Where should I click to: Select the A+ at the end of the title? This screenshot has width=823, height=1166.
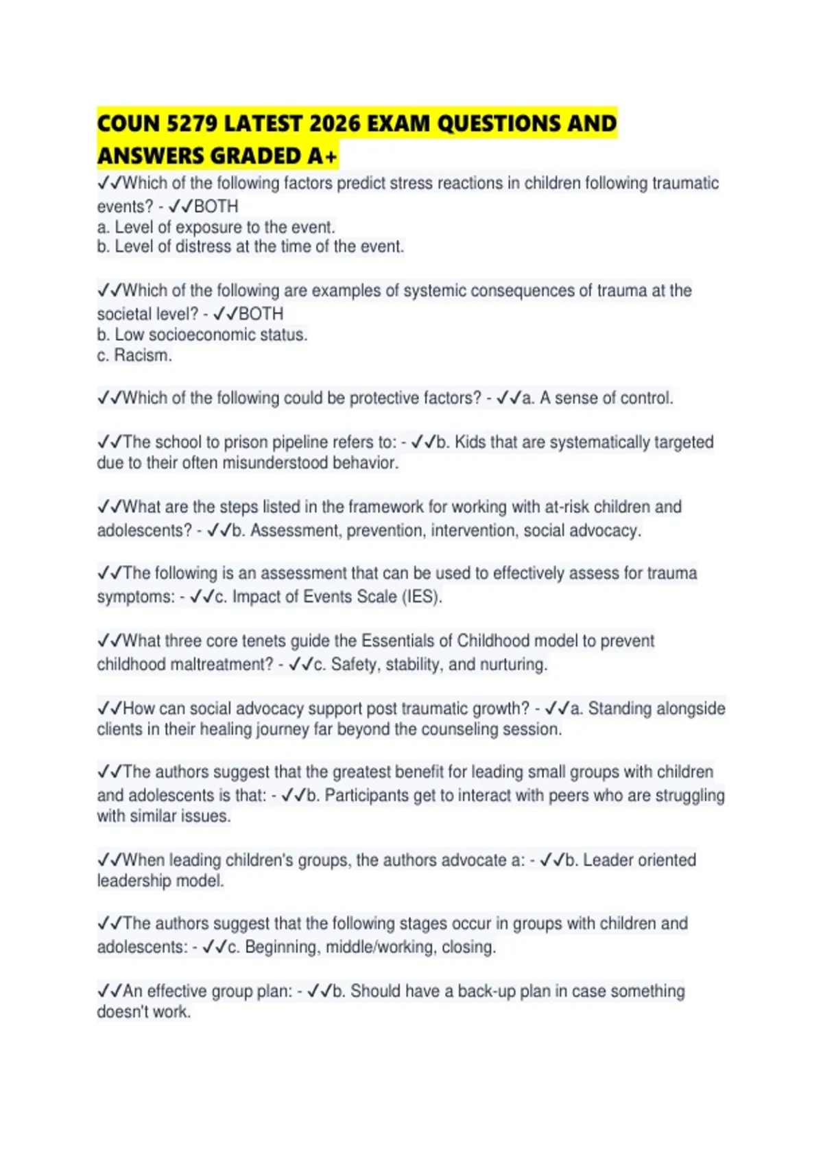(x=322, y=156)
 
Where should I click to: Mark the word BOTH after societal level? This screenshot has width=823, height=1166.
(x=261, y=314)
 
